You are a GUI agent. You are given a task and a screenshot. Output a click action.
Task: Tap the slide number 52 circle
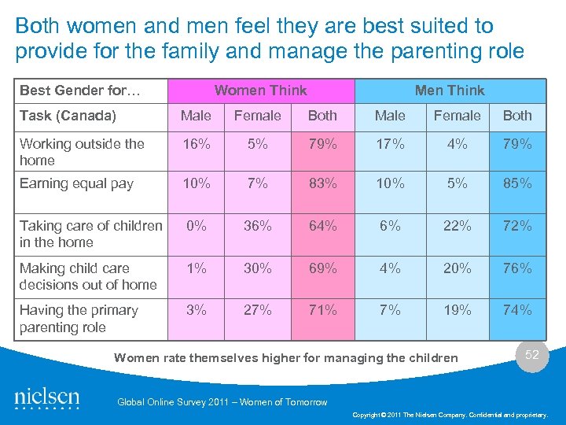532,355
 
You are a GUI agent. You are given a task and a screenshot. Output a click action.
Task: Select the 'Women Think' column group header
260,91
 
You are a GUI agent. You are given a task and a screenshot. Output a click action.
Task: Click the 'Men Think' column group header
450,91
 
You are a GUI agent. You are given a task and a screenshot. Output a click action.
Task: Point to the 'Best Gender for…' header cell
80,91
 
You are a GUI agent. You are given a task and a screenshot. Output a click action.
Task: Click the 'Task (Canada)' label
68,116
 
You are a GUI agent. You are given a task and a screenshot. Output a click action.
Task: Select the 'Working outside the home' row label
82,152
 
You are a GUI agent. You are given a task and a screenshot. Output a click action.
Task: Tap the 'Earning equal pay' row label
76,183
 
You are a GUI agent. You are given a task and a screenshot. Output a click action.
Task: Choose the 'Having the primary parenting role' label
79,319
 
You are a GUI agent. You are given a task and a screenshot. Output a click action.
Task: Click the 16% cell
196,144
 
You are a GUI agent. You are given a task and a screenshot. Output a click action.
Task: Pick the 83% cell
322,183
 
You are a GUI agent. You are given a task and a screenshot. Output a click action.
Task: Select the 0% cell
196,226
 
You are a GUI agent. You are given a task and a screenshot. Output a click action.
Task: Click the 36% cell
257,226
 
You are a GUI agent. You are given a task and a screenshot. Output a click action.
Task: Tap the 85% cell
517,183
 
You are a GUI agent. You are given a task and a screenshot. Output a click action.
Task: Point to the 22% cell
457,226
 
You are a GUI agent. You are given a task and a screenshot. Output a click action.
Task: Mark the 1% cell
196,268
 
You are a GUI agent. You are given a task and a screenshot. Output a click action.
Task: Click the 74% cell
517,310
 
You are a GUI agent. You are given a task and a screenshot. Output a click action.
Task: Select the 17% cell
390,144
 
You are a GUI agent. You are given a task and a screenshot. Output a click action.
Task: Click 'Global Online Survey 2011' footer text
222,402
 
